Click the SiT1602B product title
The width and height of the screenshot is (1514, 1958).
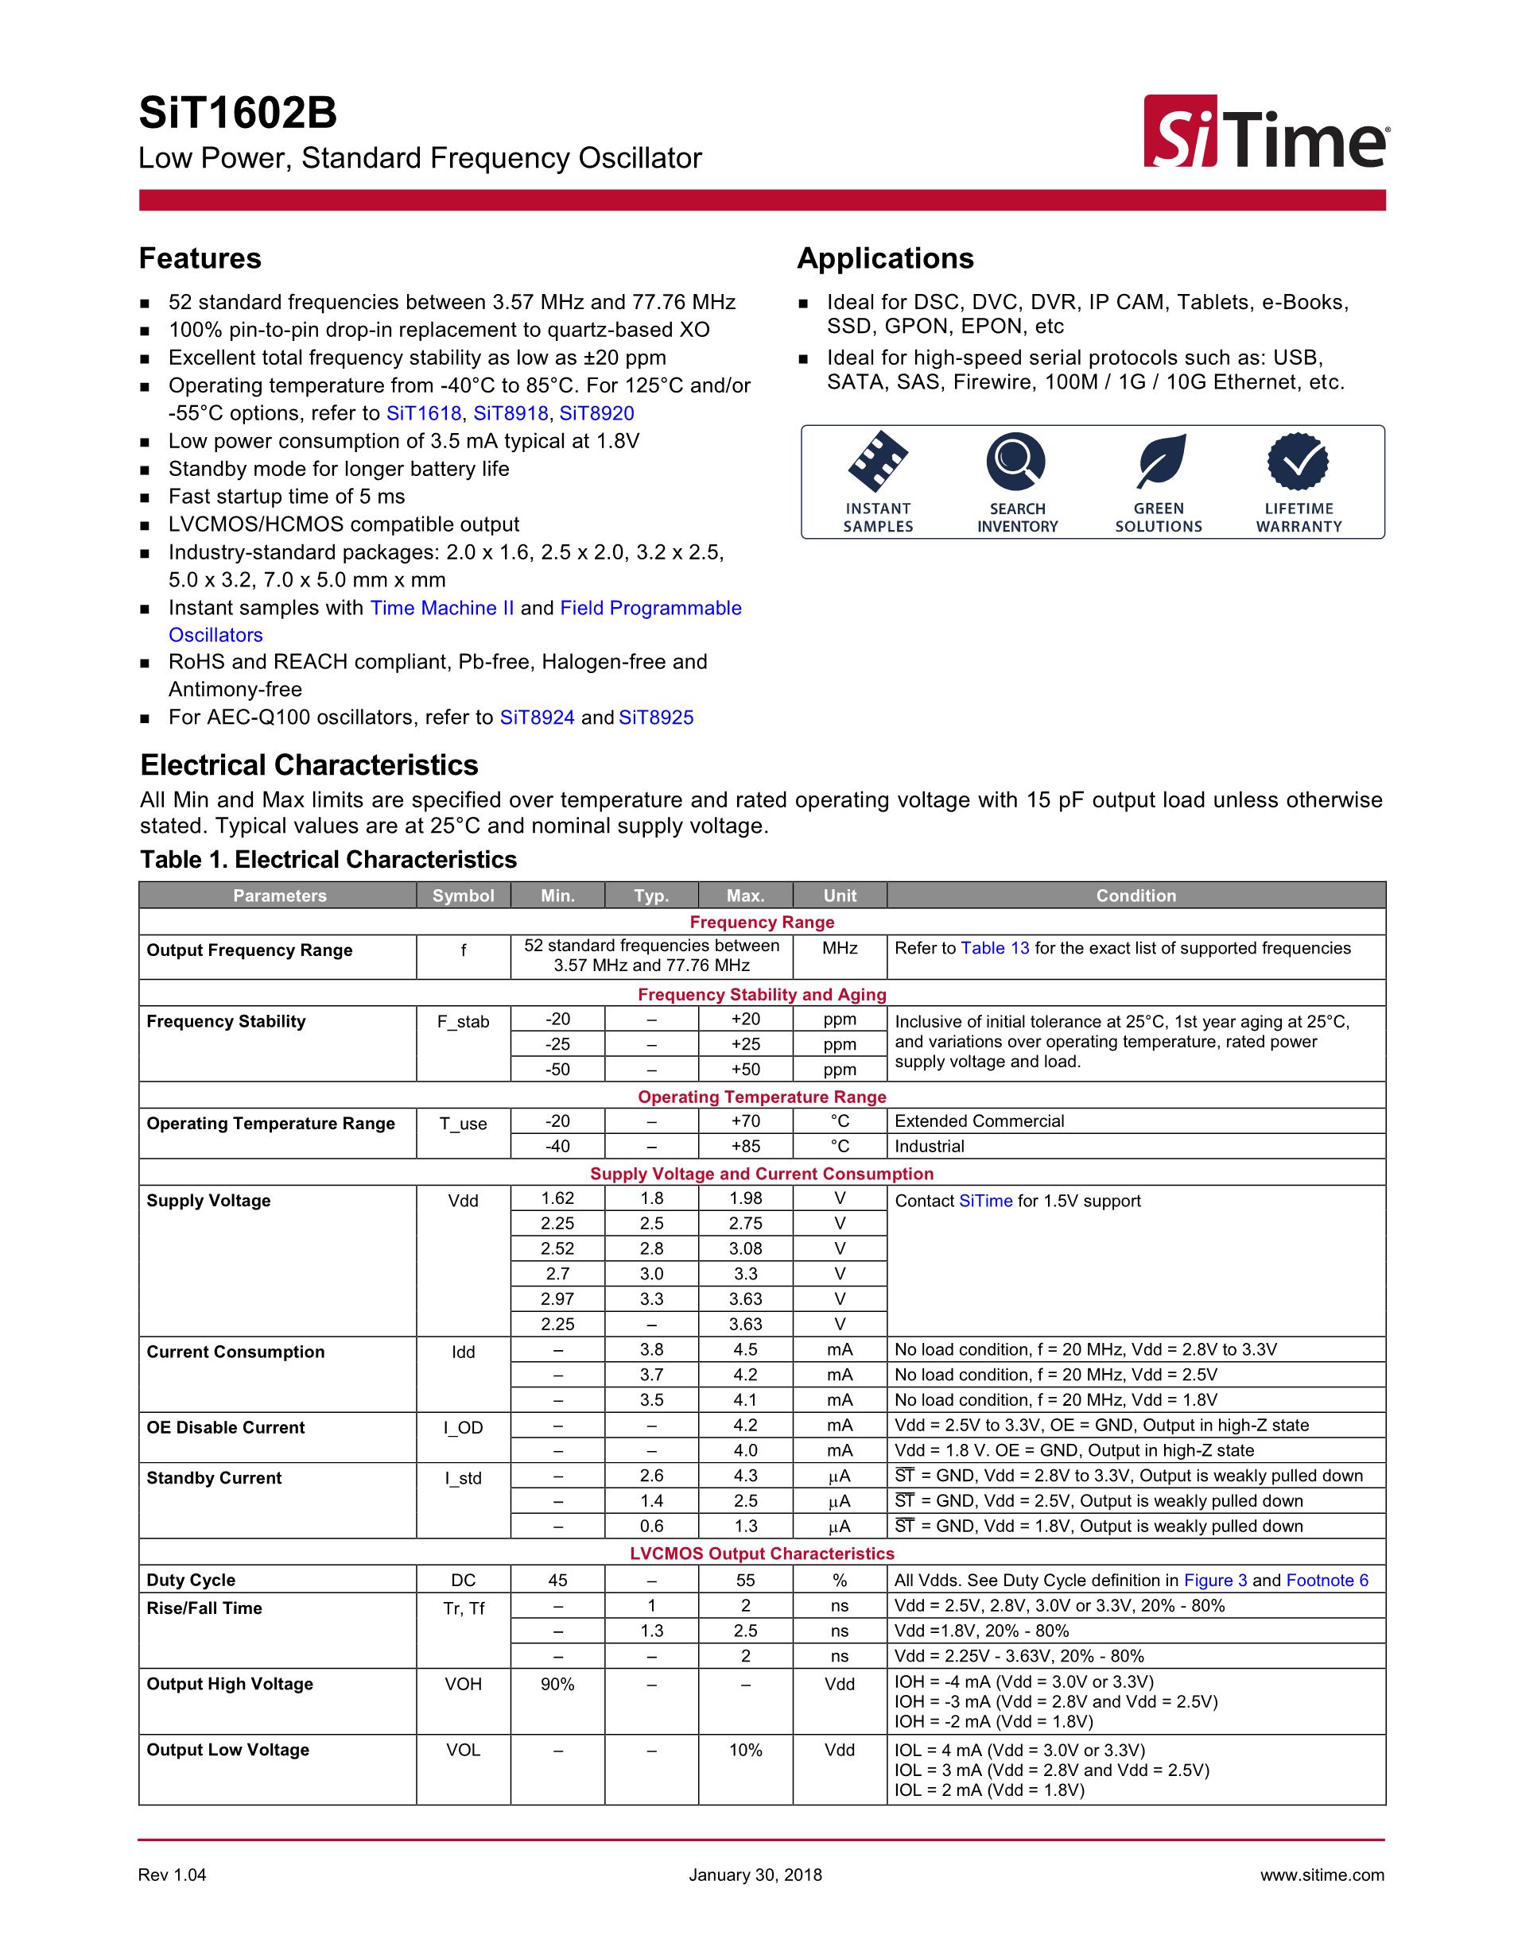click(x=238, y=114)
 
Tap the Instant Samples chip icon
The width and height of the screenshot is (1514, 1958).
click(x=877, y=462)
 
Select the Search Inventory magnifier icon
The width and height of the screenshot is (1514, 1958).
click(x=1016, y=462)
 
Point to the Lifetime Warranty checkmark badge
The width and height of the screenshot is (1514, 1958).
click(x=1297, y=462)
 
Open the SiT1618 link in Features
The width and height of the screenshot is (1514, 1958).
click(x=423, y=413)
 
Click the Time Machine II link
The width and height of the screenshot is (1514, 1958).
click(x=442, y=608)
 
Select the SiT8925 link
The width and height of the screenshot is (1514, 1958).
click(x=656, y=718)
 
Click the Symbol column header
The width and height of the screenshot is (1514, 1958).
click(x=463, y=896)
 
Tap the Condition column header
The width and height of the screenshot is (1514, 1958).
click(x=1135, y=896)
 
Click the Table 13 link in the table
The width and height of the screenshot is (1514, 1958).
click(x=995, y=949)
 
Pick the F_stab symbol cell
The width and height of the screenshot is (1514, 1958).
click(x=463, y=1022)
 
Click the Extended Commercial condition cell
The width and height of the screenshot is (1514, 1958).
click(x=980, y=1121)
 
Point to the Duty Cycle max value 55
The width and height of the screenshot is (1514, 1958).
click(x=745, y=1581)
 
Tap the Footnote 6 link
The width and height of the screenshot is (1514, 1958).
click(x=1326, y=1581)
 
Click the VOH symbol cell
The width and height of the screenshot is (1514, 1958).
click(x=463, y=1685)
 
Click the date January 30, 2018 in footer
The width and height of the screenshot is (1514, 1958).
click(x=755, y=1875)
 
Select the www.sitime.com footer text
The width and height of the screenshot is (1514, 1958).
click(x=1321, y=1875)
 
